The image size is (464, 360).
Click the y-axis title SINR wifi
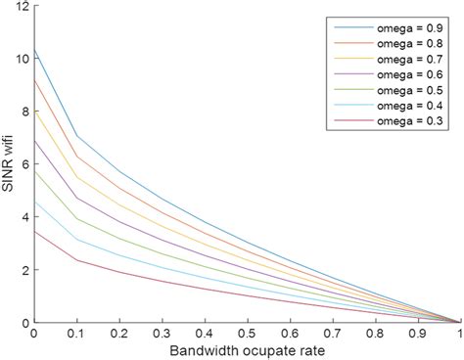coord(9,162)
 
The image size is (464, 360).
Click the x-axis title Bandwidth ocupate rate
coord(248,350)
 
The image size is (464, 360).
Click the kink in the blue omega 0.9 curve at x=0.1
coord(77,135)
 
